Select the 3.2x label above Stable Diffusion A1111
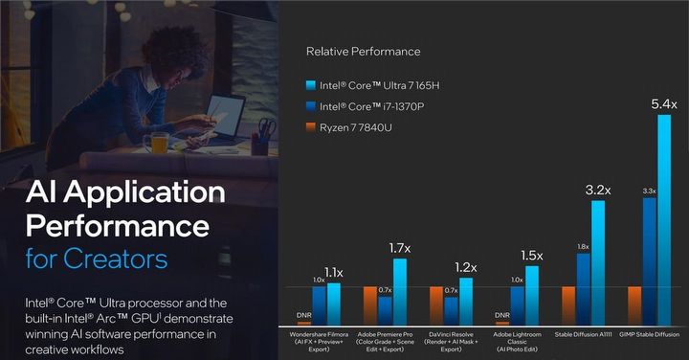click(x=598, y=190)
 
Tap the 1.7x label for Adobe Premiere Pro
click(x=399, y=248)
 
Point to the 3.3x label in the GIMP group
click(x=649, y=191)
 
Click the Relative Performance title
click(x=363, y=51)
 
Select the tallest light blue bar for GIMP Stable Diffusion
click(x=663, y=219)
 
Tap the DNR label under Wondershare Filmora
click(x=304, y=314)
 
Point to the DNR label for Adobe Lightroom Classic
click(x=501, y=314)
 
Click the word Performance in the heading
click(x=117, y=226)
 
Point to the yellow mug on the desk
click(x=157, y=143)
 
